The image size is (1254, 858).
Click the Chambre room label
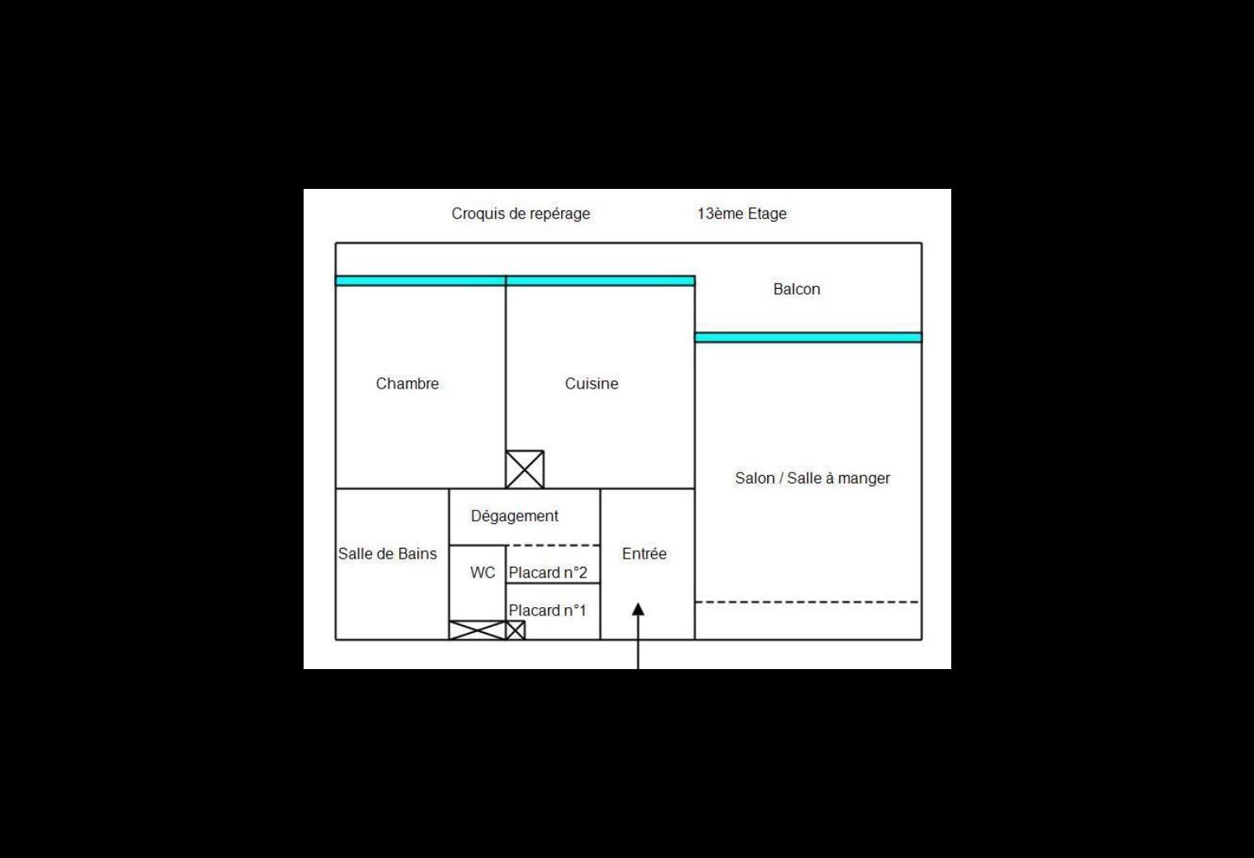click(407, 384)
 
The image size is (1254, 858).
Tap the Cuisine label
click(592, 384)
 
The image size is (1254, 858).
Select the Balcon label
click(797, 289)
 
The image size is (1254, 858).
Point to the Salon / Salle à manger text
click(813, 478)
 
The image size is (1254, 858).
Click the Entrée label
click(643, 554)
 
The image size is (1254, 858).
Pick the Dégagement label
click(515, 516)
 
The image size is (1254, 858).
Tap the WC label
click(483, 573)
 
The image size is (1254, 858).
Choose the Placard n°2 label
click(548, 573)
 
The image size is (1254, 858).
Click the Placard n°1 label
click(548, 610)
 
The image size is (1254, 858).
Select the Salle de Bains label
click(388, 554)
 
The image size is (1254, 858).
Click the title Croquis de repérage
click(521, 214)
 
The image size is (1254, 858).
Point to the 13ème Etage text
click(742, 214)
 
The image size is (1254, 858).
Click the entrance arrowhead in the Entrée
click(639, 610)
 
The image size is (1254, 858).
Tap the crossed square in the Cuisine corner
click(525, 469)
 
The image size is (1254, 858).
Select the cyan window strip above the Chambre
click(421, 281)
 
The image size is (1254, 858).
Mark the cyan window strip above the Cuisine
click(600, 281)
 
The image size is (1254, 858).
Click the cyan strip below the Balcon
click(808, 337)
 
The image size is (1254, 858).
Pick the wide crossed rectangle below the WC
click(478, 630)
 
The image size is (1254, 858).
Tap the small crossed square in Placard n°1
click(516, 630)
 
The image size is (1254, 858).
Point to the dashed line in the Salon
click(807, 602)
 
